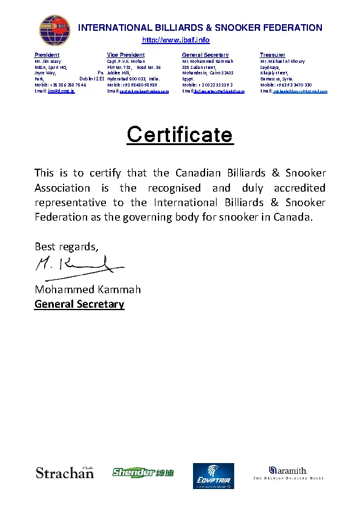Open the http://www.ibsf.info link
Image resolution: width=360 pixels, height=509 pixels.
[175, 40]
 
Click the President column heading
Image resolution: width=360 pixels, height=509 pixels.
[47, 55]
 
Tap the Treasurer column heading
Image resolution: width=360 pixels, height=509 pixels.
[272, 55]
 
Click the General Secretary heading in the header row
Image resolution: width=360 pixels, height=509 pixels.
[205, 55]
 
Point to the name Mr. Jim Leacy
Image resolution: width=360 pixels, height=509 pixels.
[47, 61]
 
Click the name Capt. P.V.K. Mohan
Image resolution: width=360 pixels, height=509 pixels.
[126, 61]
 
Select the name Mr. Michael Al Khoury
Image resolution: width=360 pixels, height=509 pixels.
[283, 61]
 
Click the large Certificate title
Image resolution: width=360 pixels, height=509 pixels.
[180, 134]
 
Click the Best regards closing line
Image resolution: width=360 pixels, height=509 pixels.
[66, 246]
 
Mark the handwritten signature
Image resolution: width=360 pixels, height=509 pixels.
[76, 265]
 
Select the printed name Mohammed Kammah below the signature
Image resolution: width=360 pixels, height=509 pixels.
[88, 289]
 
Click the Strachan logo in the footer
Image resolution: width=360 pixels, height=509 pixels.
[65, 472]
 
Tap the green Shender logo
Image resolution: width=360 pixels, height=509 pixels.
[142, 472]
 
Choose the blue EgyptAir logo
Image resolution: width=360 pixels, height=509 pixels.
[213, 476]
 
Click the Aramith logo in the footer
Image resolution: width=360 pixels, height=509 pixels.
[288, 472]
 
